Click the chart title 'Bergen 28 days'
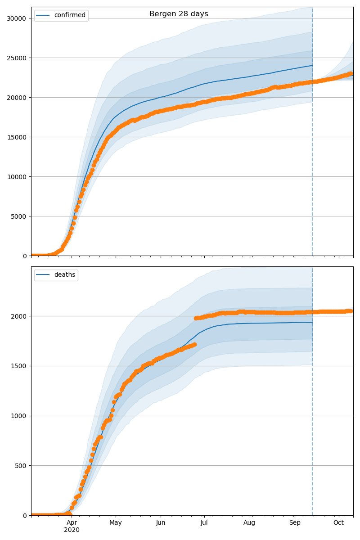coord(179,14)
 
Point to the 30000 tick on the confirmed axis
coord(16,18)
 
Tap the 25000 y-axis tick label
coord(16,58)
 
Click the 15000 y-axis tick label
coord(16,137)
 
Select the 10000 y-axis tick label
coord(16,177)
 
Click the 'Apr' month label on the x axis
coord(72,522)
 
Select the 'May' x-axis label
coord(116,522)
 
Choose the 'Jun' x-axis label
coord(161,522)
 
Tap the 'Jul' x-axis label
coord(204,522)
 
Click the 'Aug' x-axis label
coord(249,522)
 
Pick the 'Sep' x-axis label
coord(295,522)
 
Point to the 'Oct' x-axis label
coord(338,522)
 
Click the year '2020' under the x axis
coord(72,530)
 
